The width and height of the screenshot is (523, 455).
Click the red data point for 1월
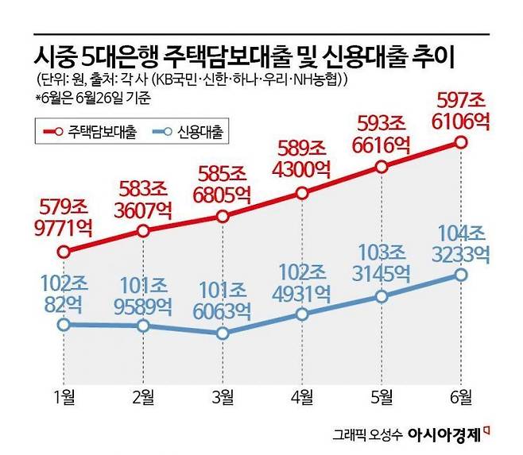tap(64, 252)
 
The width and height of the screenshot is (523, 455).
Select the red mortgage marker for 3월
tap(223, 216)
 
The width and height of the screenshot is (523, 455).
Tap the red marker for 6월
tap(461, 142)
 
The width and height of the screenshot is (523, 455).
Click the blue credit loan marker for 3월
tap(223, 334)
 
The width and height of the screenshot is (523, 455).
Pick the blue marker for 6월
tap(461, 275)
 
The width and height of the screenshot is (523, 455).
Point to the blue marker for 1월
tap(64, 324)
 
